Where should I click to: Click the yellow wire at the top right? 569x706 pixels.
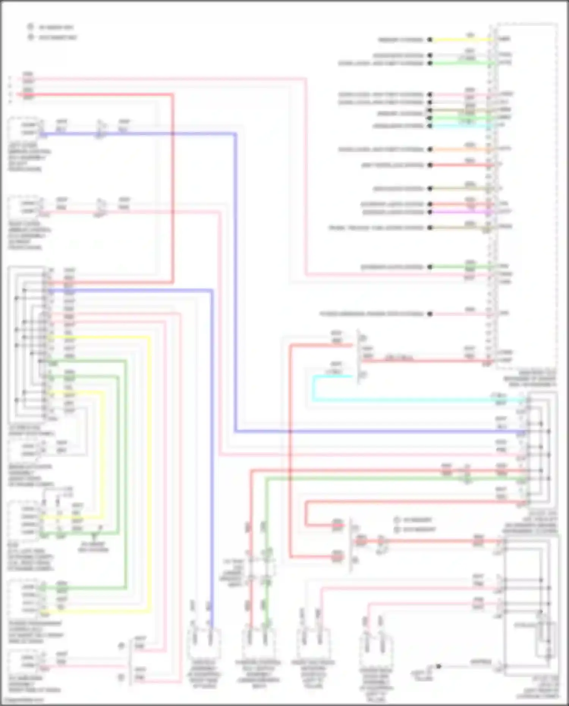coord(459,39)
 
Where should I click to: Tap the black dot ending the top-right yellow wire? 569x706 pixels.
coord(430,39)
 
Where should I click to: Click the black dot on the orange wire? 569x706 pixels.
coord(430,149)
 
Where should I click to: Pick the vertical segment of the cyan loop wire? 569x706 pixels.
coord(313,388)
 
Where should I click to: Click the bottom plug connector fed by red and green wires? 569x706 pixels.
coord(258,644)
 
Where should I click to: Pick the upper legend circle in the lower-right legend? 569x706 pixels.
coord(397,520)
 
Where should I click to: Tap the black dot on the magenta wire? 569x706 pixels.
coord(430,212)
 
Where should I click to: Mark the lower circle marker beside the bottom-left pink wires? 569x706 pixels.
coord(121,677)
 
